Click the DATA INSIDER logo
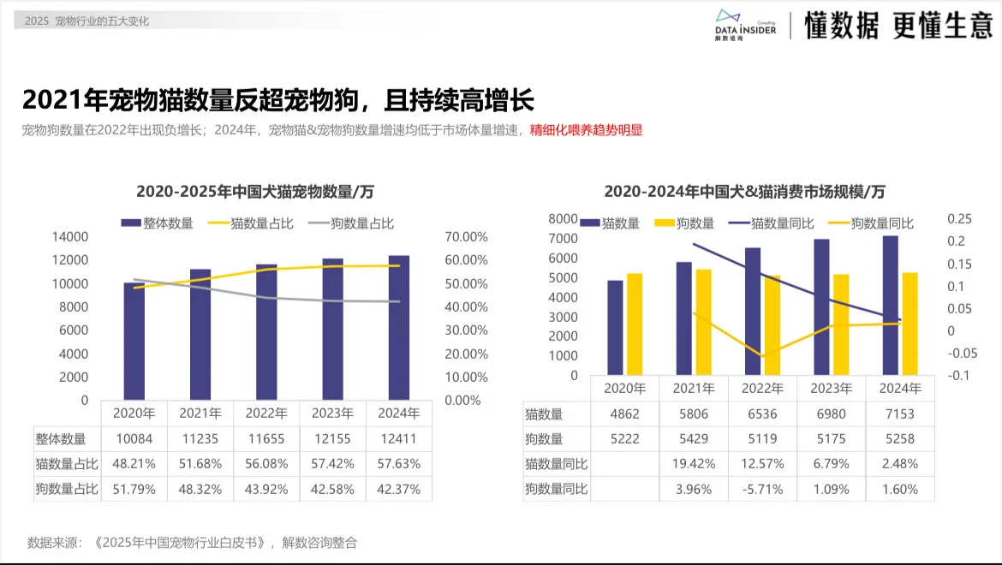coord(744,26)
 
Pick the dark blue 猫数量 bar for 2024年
coord(892,305)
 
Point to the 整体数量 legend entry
coord(158,223)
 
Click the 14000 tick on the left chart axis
coord(70,236)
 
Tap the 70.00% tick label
coord(467,236)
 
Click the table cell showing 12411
coord(398,439)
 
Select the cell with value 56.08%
coord(266,464)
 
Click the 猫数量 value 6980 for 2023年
coord(832,414)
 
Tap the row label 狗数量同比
coord(556,490)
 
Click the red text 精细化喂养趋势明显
coord(586,131)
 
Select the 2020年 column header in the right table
coord(624,388)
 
